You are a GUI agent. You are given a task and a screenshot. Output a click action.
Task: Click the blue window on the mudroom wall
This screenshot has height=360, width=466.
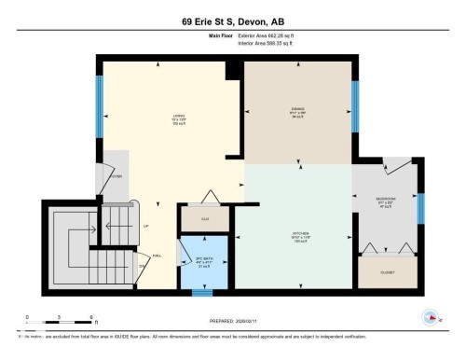coord(419,210)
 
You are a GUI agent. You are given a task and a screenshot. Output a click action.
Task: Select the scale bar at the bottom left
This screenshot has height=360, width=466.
coord(47,324)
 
